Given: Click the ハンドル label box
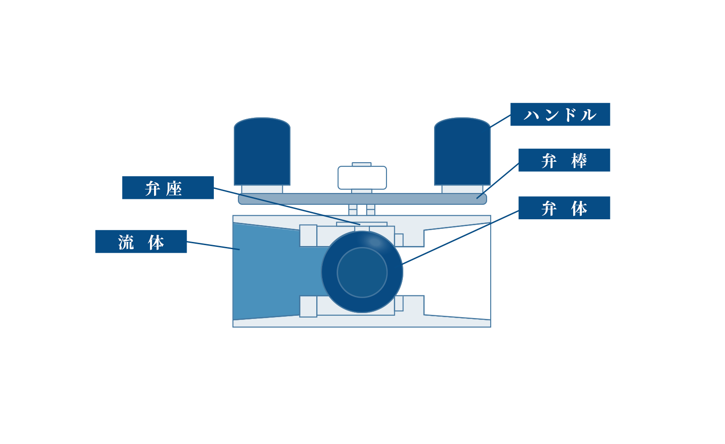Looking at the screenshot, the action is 560,114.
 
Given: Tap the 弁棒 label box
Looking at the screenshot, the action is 564,160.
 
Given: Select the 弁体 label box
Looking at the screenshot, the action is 564,208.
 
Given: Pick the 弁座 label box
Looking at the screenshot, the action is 168,188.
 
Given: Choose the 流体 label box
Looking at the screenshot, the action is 141,241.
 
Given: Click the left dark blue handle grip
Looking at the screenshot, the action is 262,151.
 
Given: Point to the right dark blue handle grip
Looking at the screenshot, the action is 462,151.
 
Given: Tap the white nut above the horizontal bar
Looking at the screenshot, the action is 362,178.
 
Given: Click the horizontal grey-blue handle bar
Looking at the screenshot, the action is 362,199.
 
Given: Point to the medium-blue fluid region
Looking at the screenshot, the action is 275,272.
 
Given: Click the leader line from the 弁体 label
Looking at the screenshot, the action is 460,237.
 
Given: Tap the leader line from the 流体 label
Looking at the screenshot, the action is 213,246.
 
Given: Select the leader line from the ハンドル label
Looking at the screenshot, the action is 500,121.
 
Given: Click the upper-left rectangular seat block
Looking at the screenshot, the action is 308,236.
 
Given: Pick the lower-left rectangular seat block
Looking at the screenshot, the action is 308,306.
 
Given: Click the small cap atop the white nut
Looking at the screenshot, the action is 362,164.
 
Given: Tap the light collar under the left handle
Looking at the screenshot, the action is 262,189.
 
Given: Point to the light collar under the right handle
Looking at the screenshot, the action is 462,189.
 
